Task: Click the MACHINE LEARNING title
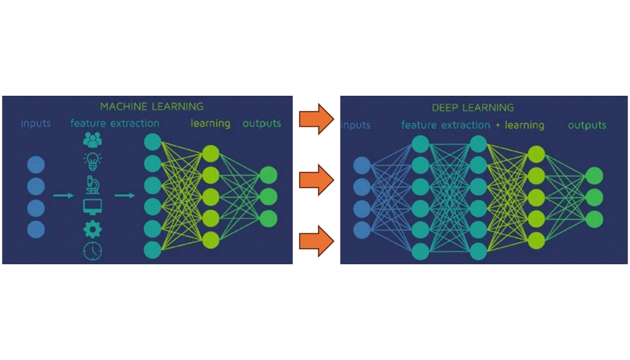tap(152, 107)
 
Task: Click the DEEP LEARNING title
tap(473, 108)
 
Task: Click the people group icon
tap(93, 140)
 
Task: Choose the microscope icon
tap(93, 184)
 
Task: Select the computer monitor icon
tap(93, 207)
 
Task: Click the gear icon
tap(93, 229)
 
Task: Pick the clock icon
tap(93, 251)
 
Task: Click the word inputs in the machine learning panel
tap(35, 123)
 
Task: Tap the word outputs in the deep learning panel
tap(587, 125)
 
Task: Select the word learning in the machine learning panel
tap(210, 123)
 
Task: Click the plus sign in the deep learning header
tap(498, 126)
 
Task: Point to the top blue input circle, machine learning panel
tap(36, 165)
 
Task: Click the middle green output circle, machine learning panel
tap(269, 196)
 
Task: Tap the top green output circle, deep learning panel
tap(595, 175)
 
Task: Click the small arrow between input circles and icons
tap(64, 195)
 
